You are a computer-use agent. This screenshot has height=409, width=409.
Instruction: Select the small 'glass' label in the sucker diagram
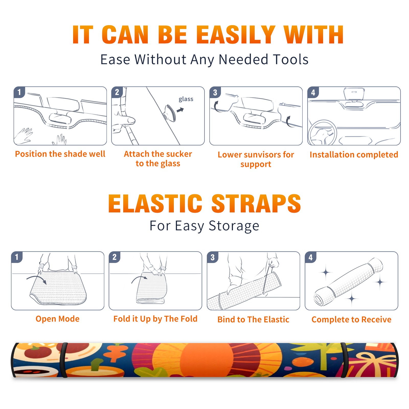[186, 99]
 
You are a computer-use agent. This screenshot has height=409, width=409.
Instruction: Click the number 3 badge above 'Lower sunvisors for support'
[215, 93]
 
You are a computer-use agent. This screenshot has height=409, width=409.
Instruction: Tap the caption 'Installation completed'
[354, 155]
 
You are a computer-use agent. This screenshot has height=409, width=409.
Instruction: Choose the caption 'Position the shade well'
[60, 154]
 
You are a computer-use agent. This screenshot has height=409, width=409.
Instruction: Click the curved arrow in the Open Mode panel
[37, 279]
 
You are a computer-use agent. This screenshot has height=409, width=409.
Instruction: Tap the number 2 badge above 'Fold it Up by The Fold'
[115, 257]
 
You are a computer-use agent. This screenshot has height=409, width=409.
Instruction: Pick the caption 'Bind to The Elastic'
[253, 320]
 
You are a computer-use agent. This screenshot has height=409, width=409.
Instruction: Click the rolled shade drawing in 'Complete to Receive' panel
[348, 282]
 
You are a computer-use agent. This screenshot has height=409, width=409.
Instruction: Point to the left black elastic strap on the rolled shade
[63, 360]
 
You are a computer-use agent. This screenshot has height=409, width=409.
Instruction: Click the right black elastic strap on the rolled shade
[344, 360]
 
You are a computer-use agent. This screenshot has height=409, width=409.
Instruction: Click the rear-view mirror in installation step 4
[354, 94]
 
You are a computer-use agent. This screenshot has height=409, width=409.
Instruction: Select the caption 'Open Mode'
[58, 319]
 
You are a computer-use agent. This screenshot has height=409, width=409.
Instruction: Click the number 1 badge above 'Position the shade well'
[19, 92]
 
